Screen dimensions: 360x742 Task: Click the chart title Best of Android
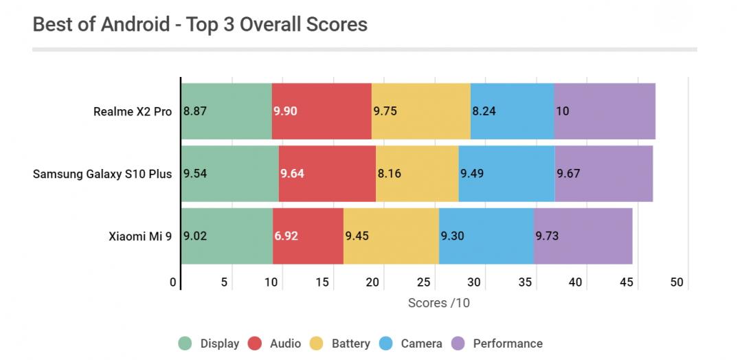pos(200,25)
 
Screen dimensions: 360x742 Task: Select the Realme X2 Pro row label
pos(133,111)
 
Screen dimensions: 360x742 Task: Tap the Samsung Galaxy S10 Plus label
pos(102,173)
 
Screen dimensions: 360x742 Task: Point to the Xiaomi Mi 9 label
pos(140,236)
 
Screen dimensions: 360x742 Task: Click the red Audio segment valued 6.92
pos(308,236)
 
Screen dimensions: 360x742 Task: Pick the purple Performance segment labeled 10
pos(605,111)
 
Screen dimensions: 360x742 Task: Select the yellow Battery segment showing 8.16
pos(417,173)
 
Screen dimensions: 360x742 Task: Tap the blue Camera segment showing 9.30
pos(486,236)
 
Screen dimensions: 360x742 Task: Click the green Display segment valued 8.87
pos(227,111)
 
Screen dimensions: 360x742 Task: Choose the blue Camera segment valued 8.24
pos(512,111)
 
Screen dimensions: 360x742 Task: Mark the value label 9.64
pos(293,174)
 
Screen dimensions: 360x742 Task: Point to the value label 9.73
pos(547,236)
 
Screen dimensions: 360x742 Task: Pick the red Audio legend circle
pos(256,344)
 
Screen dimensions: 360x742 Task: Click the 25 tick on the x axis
pos(424,282)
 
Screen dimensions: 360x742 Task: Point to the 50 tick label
pos(677,282)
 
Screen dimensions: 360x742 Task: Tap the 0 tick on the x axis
pos(173,282)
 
